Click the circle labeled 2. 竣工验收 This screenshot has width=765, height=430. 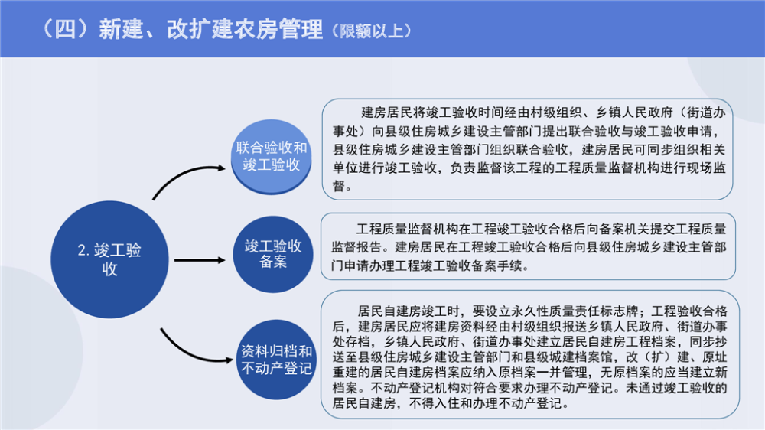pyautogui.click(x=110, y=259)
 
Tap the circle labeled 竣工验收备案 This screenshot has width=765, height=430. pyautogui.click(x=273, y=253)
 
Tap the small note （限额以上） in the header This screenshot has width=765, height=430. pyautogui.click(x=373, y=31)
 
